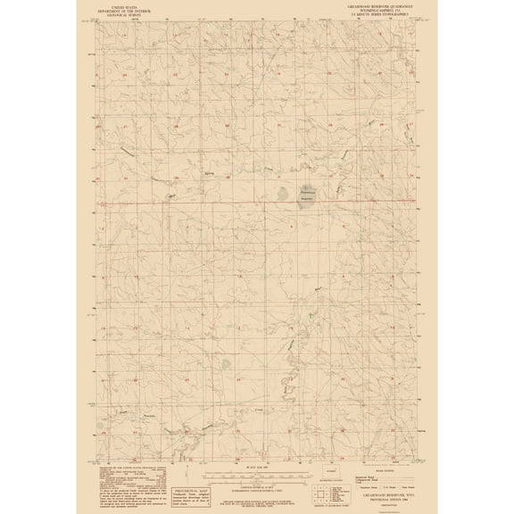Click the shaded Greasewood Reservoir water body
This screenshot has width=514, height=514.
(x=308, y=196)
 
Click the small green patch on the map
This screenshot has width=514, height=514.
(x=310, y=315)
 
